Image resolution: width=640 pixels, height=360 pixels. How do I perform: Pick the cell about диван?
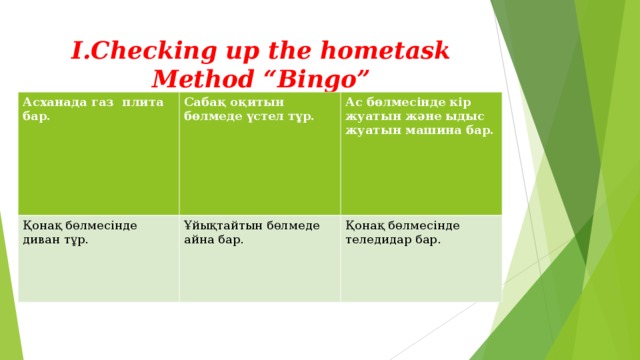pos(98,258)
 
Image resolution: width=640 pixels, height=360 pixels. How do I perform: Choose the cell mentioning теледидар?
pos(420,258)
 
